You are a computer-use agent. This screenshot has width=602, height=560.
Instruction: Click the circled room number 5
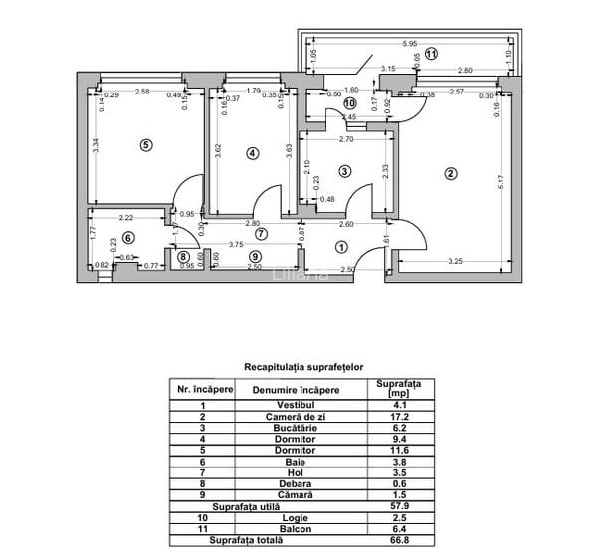pos(146,145)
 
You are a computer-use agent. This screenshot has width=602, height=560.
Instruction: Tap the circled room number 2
pos(450,174)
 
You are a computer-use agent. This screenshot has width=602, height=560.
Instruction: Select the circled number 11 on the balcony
pos(430,54)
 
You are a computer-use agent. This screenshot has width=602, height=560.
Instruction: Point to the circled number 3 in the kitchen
pos(344,171)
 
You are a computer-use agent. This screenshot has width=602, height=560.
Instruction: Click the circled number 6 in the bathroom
pos(127,239)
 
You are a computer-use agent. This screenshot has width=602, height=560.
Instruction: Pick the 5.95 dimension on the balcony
pos(409,44)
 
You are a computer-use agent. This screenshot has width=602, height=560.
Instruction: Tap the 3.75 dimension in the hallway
pos(235,245)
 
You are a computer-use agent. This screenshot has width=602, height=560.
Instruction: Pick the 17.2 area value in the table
pos(398,417)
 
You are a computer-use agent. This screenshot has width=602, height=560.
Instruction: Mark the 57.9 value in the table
pos(398,505)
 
